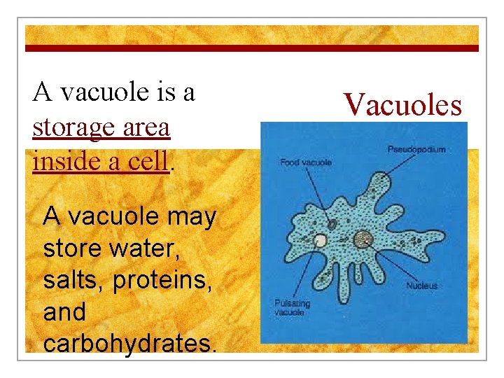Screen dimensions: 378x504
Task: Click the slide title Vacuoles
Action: (x=403, y=105)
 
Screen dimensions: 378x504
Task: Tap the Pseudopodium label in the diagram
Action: (x=416, y=149)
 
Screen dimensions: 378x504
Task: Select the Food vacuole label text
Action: (x=306, y=163)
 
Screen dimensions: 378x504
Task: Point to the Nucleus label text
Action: (x=422, y=286)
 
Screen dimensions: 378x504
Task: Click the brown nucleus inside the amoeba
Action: (x=363, y=240)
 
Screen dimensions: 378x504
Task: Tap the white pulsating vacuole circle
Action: (x=320, y=241)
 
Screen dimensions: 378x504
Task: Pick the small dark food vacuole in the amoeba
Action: (x=332, y=225)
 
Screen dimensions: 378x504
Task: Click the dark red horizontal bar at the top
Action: (x=252, y=48)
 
